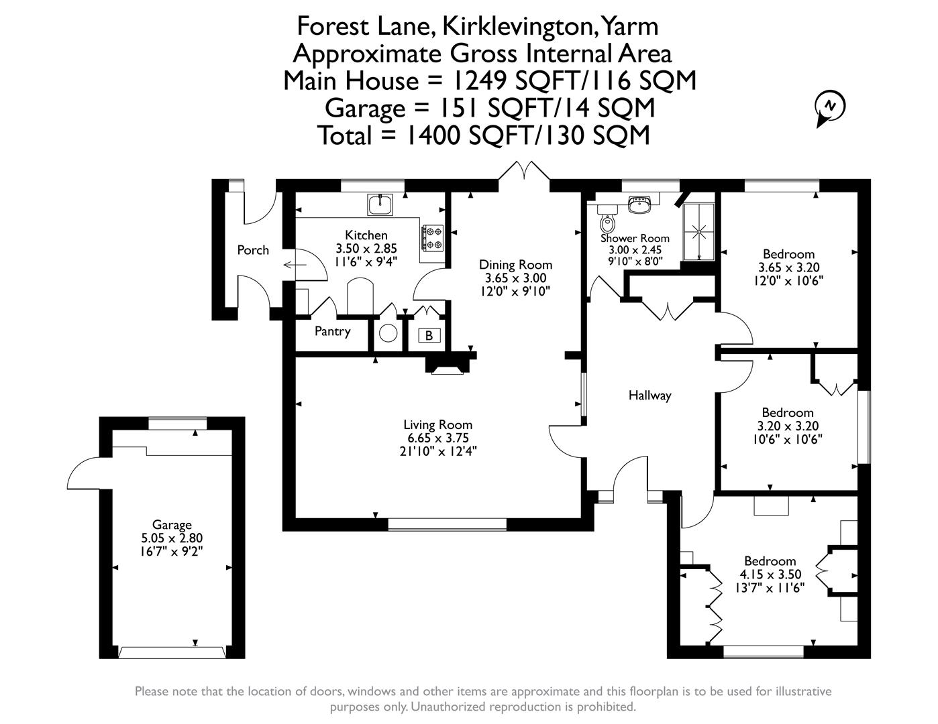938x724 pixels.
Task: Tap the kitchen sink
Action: pos(380,204)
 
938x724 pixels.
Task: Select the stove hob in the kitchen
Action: pos(432,237)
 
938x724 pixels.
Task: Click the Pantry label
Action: pos(332,331)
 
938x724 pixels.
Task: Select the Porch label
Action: pos(253,250)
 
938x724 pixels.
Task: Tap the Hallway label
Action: pos(649,396)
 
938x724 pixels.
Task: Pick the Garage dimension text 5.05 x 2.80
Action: pos(172,538)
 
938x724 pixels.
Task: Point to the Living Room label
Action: pos(437,424)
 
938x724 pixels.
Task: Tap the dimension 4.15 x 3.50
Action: pos(770,575)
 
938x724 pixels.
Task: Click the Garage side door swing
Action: pos(85,473)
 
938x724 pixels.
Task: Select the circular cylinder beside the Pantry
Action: pos(388,333)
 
